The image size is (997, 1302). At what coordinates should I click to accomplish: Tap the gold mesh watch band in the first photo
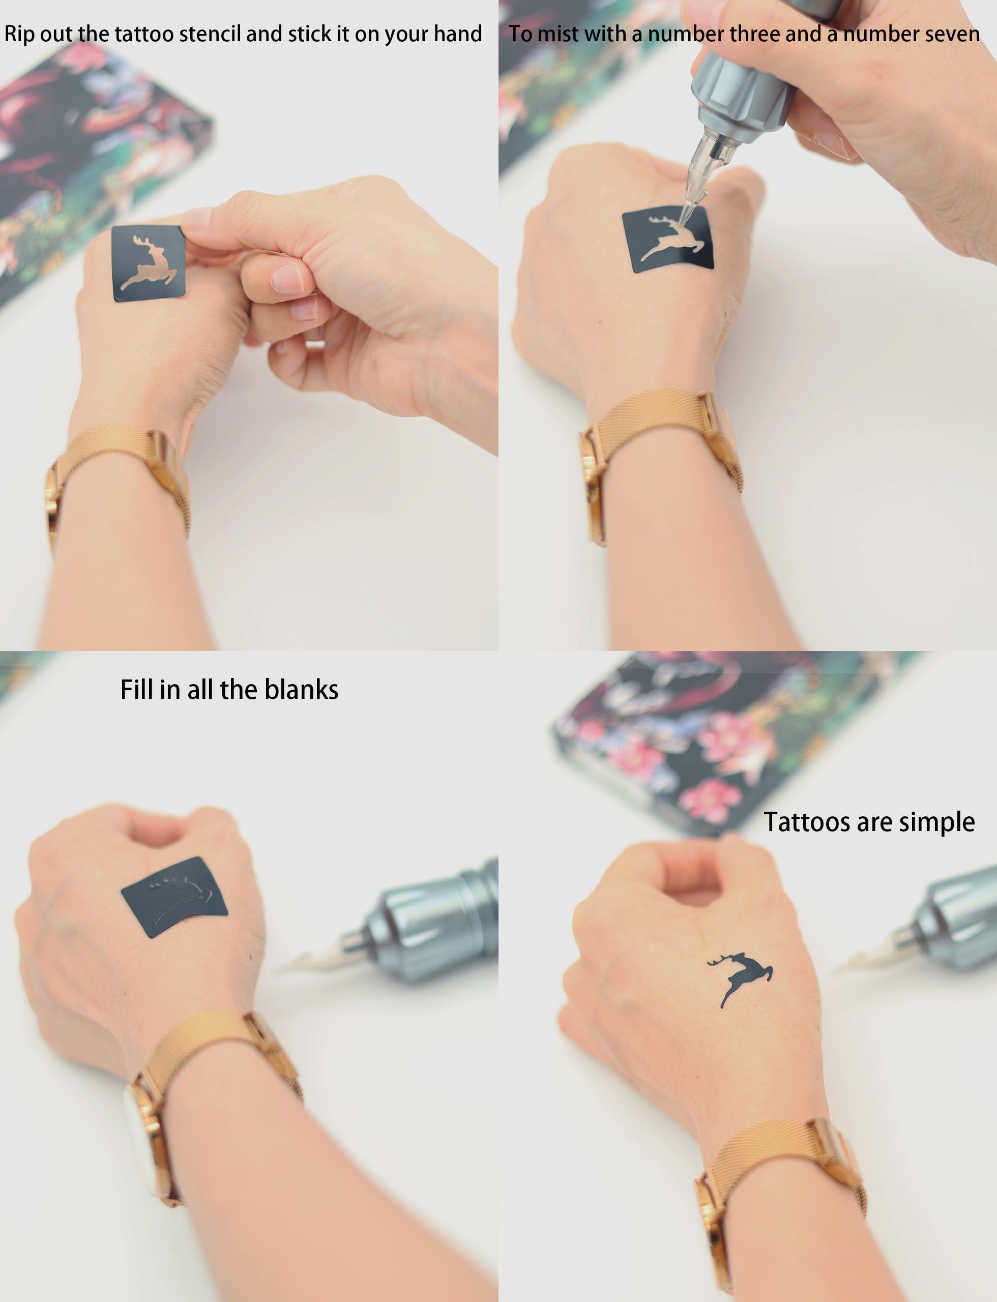click(119, 481)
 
